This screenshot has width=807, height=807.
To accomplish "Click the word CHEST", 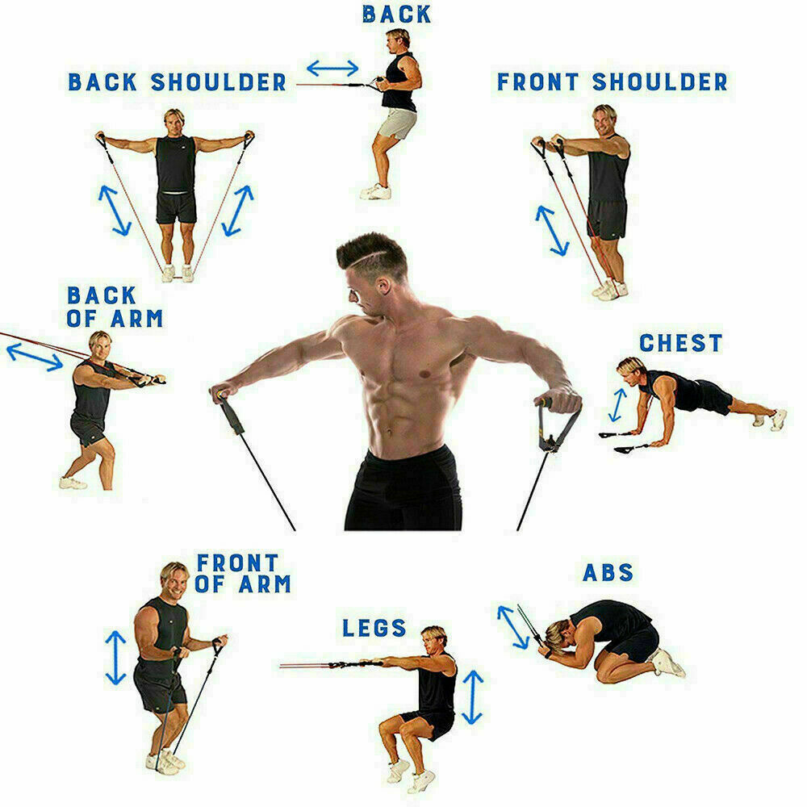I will (x=680, y=342).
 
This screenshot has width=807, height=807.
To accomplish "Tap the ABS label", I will (x=608, y=573).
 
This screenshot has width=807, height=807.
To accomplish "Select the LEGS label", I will (x=374, y=627).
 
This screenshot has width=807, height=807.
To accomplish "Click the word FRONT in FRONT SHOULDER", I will (x=537, y=82).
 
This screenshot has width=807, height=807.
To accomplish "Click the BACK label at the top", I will (x=396, y=14).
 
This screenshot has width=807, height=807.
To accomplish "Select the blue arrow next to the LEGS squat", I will (x=473, y=696).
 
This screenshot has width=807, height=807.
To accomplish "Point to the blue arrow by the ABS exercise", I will (x=513, y=626).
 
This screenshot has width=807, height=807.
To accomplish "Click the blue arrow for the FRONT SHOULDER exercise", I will (x=553, y=231).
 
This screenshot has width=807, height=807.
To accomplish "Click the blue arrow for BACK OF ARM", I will (x=34, y=357).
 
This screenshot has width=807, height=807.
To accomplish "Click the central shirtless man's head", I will (x=370, y=266).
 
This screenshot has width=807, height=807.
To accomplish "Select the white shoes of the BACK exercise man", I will (x=376, y=191).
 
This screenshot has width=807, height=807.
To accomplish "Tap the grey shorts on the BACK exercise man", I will (x=397, y=123).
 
